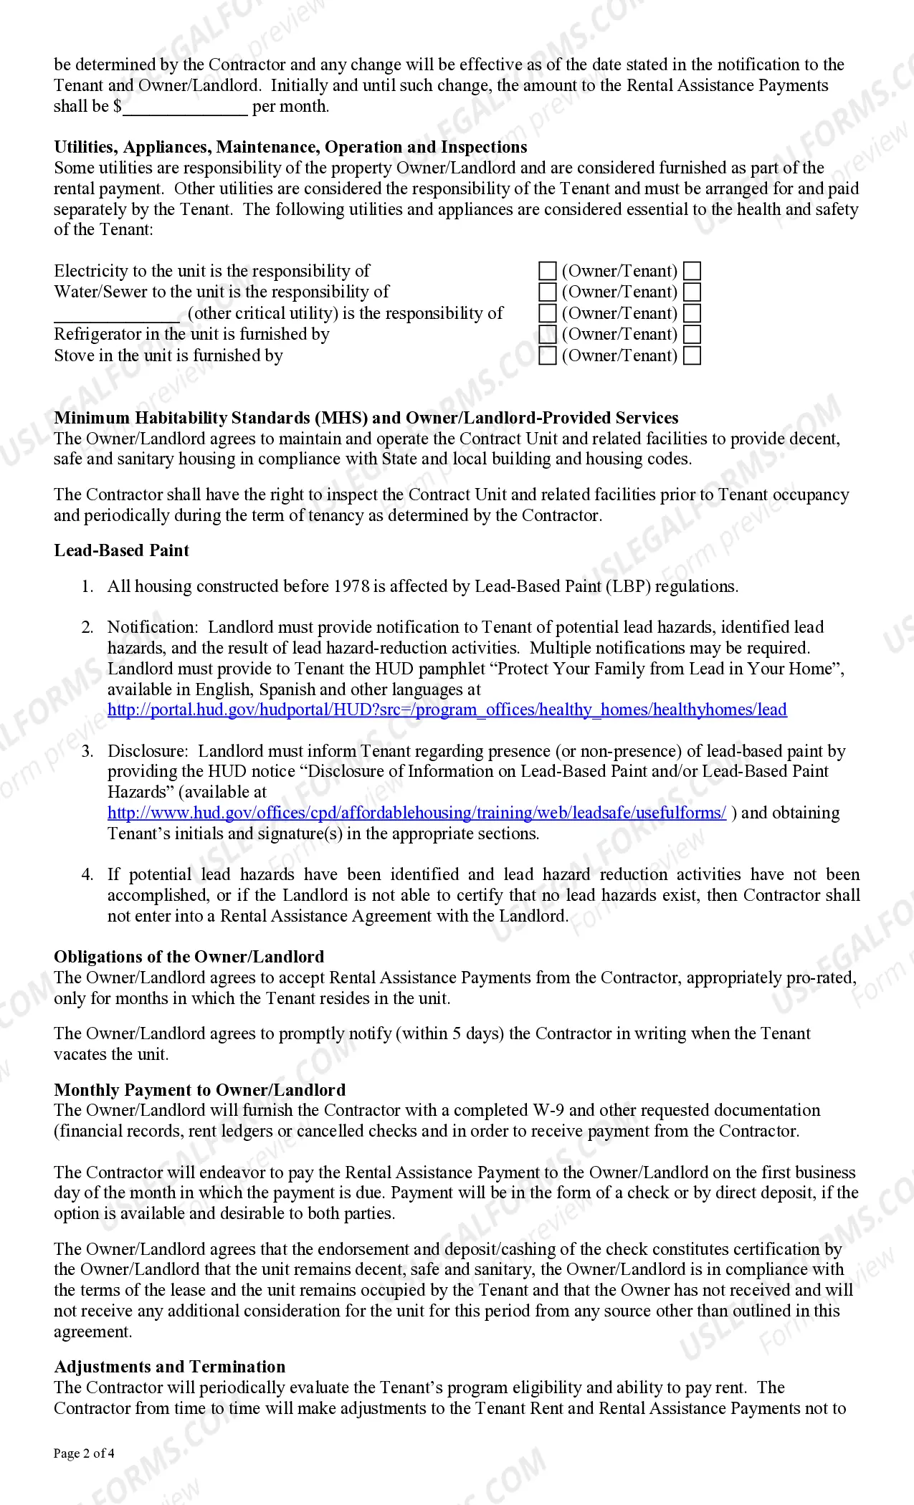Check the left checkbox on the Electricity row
547,271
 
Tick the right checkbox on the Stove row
692,356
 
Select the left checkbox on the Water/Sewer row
547,292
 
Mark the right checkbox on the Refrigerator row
692,335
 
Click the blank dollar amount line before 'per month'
185,107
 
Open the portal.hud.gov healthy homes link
447,709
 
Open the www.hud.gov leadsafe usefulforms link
416,813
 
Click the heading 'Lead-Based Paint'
121,550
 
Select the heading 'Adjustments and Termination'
169,1367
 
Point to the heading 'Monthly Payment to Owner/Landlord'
199,1090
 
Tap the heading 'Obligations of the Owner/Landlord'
189,957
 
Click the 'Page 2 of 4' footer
84,1453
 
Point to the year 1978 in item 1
352,586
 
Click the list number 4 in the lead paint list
87,874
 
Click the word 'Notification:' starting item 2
153,627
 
